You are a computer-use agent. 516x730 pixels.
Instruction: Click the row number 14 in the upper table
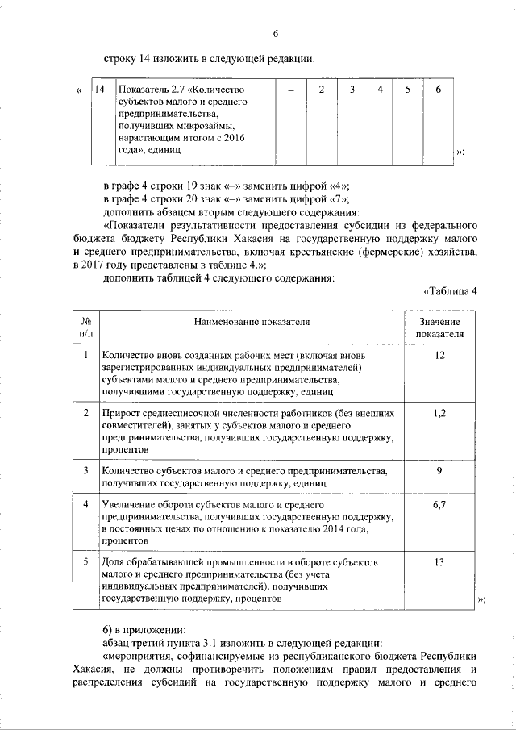pos(100,88)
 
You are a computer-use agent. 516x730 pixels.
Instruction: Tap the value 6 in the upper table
pos(438,88)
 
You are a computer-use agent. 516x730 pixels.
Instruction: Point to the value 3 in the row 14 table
pos(352,88)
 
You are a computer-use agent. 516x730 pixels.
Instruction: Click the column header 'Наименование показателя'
pos(252,322)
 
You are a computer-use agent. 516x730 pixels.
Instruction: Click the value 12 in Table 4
pos(439,356)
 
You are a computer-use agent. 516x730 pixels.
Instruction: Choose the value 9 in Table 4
pos(439,470)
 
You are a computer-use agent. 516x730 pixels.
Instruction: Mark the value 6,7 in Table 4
pos(439,505)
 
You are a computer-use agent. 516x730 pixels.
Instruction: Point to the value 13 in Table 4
pos(439,562)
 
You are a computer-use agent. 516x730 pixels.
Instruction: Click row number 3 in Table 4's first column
pos(86,470)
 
